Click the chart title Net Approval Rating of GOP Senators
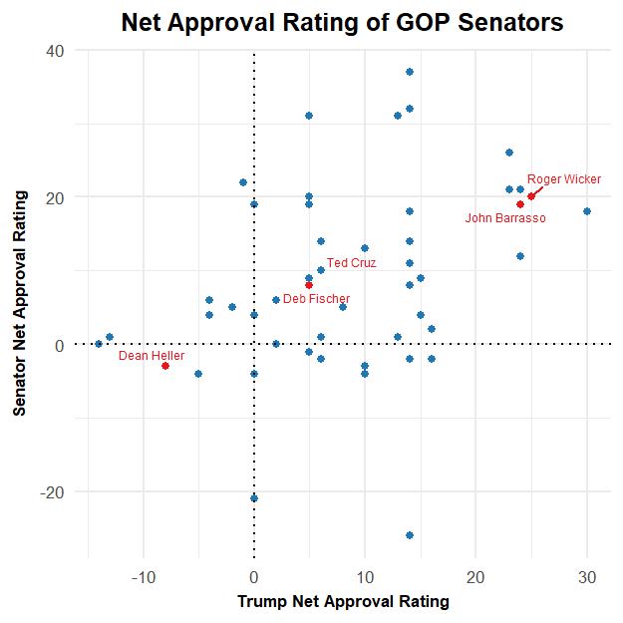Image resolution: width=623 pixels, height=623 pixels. point(342,22)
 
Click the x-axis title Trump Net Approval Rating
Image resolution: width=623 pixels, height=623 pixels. point(343,602)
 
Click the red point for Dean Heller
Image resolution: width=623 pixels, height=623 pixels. point(165,366)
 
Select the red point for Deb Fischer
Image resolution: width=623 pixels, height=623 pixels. point(309,285)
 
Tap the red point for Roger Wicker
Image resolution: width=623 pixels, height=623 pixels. point(531,196)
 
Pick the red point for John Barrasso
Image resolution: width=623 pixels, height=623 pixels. point(520,204)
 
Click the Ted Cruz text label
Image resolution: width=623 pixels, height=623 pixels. point(351,263)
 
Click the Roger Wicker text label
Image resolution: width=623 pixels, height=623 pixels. point(564,179)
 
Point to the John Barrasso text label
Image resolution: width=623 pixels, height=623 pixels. point(505,218)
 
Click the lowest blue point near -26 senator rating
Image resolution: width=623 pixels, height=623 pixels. point(410,535)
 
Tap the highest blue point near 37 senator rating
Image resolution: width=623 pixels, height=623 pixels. point(410,72)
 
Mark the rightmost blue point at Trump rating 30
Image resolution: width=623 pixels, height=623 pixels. point(587,211)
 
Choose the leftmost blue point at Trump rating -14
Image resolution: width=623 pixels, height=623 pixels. point(99,344)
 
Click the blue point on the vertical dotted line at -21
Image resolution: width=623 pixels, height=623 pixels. point(254,498)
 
